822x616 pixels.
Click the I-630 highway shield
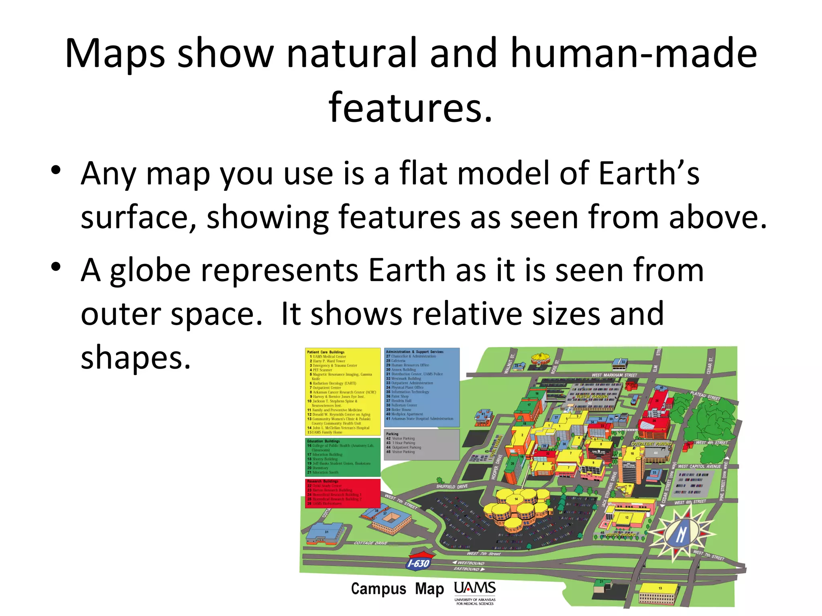(419, 563)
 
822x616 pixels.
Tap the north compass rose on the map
(681, 533)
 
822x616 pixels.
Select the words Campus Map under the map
(397, 589)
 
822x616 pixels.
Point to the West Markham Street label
(614, 375)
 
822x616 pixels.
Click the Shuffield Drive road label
(452, 486)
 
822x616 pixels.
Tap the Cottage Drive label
(370, 543)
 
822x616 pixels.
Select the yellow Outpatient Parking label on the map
(651, 444)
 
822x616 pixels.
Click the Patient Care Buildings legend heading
(326, 352)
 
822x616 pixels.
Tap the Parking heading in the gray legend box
(392, 434)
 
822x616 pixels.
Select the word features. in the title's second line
(411, 107)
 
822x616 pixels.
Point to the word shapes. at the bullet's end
(136, 357)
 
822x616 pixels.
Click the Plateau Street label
(705, 395)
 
